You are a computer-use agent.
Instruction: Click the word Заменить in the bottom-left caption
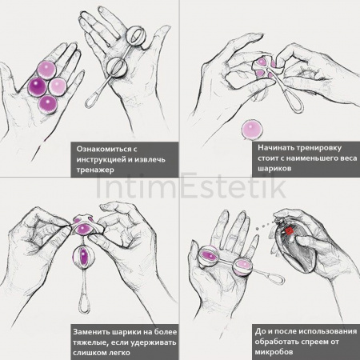96,330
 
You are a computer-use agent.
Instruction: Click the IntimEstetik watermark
180,189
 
